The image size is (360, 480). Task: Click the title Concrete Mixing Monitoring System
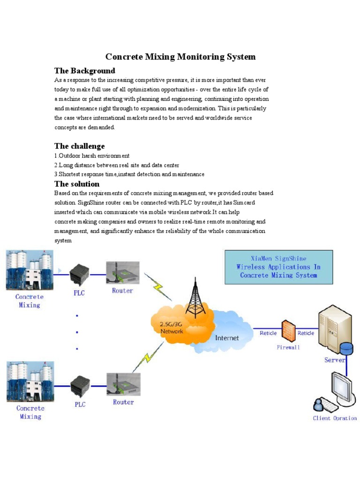pyautogui.click(x=180, y=57)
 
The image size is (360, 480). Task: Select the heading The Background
pyautogui.click(x=84, y=71)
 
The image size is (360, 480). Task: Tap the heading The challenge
pyautogui.click(x=79, y=146)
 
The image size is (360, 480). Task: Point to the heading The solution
pyautogui.click(x=77, y=184)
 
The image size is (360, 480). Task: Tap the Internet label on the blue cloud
pyautogui.click(x=227, y=337)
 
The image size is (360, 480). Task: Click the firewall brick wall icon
pyautogui.click(x=287, y=330)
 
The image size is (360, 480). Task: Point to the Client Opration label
pyautogui.click(x=335, y=418)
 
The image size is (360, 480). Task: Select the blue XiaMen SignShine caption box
pyautogui.click(x=278, y=267)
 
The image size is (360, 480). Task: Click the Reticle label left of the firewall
pyautogui.click(x=268, y=333)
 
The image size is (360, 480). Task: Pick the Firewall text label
pyautogui.click(x=288, y=347)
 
